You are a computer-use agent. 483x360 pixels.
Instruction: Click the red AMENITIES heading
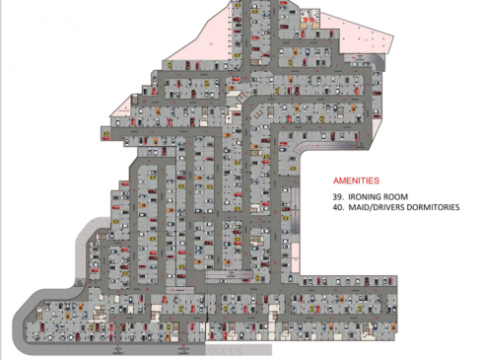pos(357,182)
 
